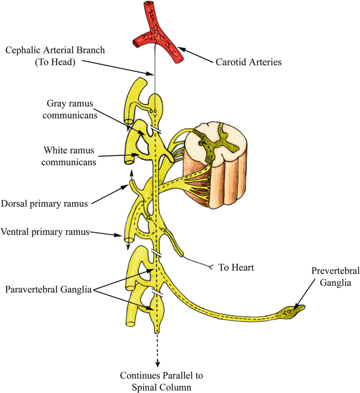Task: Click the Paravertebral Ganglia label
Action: [48, 290]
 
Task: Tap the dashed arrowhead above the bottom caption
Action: [157, 363]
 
